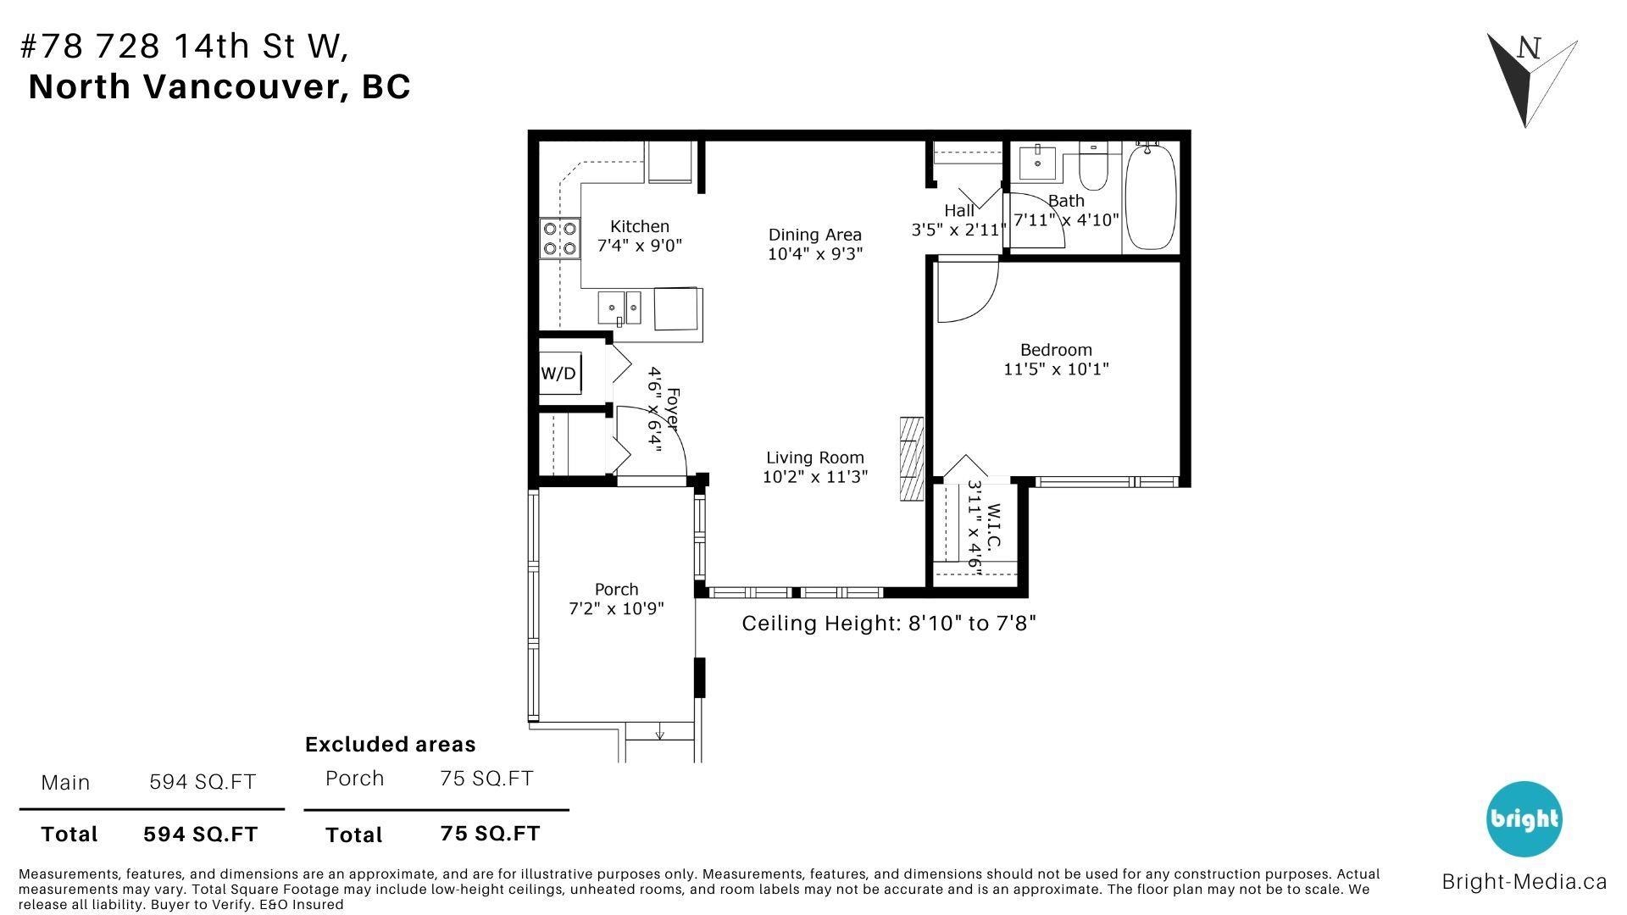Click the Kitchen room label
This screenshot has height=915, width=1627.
[640, 226]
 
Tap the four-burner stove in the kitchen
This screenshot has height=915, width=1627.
[560, 238]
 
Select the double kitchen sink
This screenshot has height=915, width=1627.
[619, 307]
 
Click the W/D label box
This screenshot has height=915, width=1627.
[559, 374]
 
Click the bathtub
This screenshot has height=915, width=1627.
[1151, 197]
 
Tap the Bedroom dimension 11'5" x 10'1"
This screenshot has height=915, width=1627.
[1056, 369]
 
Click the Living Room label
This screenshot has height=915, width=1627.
[815, 457]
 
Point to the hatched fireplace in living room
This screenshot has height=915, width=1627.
[912, 459]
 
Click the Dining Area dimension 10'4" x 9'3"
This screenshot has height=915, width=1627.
[815, 253]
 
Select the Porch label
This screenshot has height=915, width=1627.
[616, 589]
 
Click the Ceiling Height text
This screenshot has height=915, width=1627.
[889, 624]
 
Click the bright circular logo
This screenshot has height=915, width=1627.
[1524, 818]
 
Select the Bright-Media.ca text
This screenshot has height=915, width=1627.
[1524, 881]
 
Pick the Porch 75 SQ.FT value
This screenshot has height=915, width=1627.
[486, 778]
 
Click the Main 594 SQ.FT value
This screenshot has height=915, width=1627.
[203, 781]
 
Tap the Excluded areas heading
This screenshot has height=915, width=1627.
[391, 744]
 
